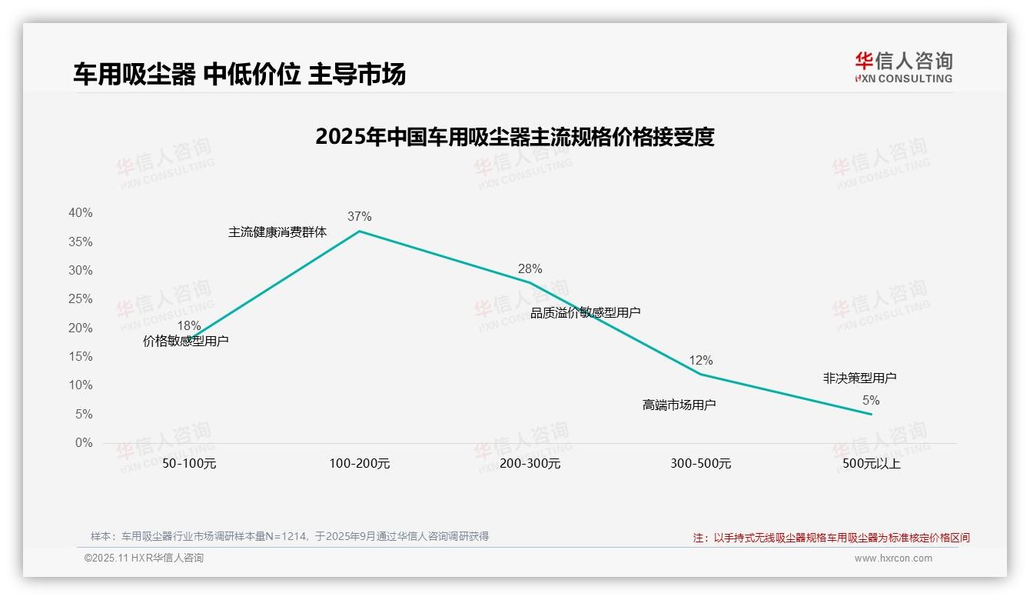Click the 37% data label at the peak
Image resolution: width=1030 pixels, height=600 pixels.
[359, 217]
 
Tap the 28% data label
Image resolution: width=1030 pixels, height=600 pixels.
[530, 268]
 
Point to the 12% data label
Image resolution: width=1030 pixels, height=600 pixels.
[700, 360]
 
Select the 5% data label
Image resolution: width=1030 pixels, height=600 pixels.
[871, 400]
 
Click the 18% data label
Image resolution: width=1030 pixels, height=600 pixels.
[188, 325]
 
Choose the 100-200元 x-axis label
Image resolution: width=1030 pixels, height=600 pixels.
[359, 464]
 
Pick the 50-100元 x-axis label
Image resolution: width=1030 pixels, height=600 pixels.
[189, 464]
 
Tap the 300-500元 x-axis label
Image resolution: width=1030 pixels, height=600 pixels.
[700, 464]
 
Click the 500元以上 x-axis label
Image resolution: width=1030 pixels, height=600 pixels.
[871, 464]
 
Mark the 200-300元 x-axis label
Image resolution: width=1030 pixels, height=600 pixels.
[530, 464]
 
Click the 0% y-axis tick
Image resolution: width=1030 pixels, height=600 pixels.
[83, 443]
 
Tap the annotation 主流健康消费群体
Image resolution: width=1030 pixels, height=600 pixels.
[277, 232]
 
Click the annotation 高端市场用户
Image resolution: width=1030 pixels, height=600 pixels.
[679, 405]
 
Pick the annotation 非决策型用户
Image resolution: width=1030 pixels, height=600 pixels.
[859, 378]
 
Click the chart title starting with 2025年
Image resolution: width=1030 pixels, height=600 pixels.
[515, 137]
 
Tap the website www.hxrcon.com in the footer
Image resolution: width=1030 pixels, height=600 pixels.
[893, 558]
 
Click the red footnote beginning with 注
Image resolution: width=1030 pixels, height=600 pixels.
[831, 538]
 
